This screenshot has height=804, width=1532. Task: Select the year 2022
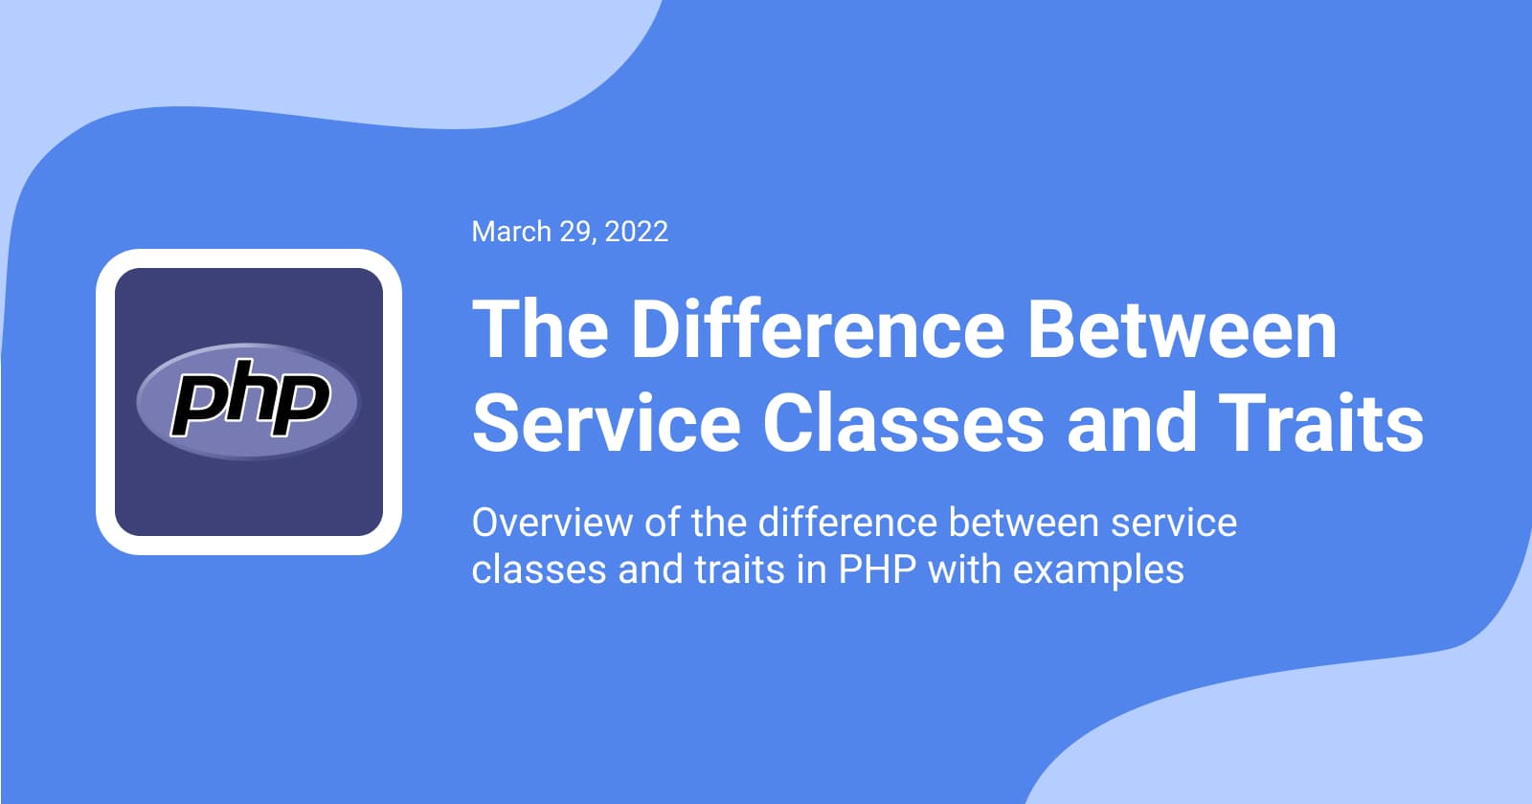[637, 232]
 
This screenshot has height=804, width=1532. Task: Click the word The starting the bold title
[540, 329]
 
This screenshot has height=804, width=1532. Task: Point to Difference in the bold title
[817, 329]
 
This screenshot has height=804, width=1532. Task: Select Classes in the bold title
[902, 423]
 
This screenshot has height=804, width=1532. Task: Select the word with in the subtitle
[963, 570]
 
